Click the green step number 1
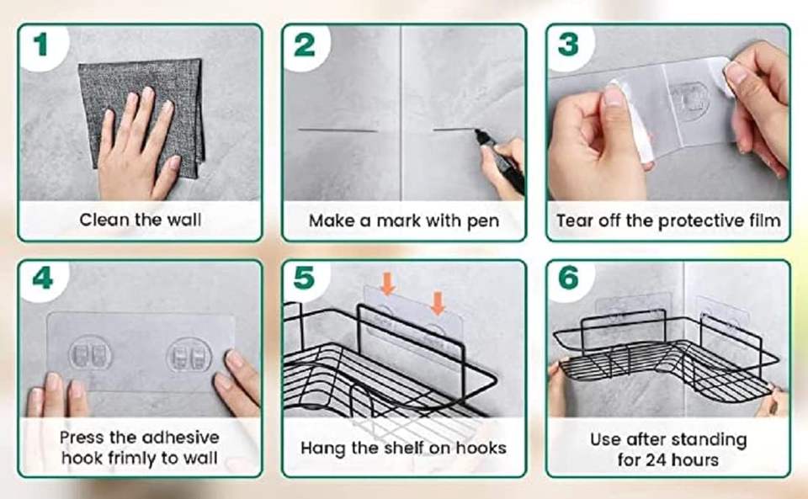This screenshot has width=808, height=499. tap(40, 45)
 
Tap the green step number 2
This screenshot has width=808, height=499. tap(304, 45)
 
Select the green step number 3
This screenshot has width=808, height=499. tap(568, 45)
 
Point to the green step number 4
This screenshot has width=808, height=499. tap(42, 278)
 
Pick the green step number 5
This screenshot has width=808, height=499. tap(304, 278)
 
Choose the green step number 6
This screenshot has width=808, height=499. tap(568, 278)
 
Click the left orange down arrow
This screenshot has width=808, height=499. tap(387, 284)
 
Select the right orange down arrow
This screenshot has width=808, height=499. tap(438, 303)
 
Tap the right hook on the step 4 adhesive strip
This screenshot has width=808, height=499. tap(189, 355)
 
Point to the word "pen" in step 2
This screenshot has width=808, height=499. tap(483, 222)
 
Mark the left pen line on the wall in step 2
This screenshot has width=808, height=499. tap(338, 130)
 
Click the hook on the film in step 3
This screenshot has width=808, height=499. tap(689, 99)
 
